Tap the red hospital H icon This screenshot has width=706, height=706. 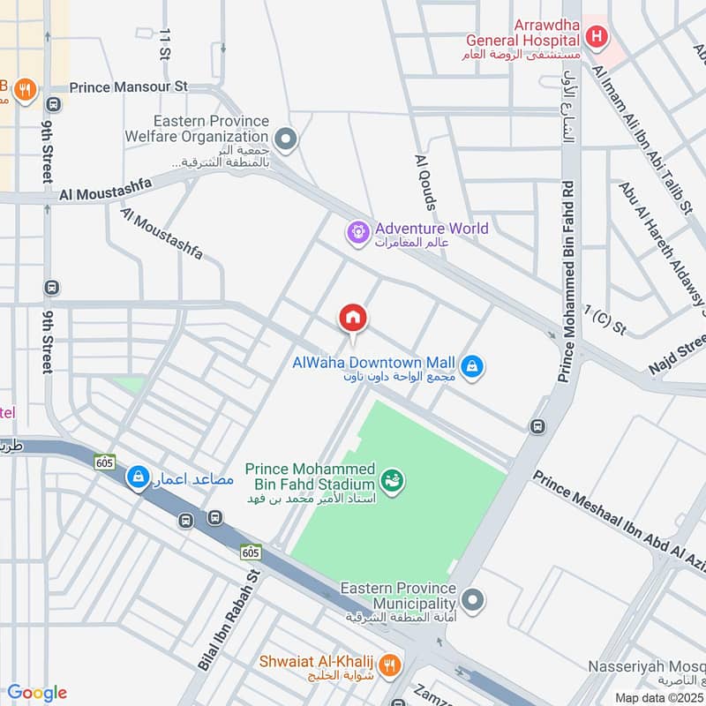597,37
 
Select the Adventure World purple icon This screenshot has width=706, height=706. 358,232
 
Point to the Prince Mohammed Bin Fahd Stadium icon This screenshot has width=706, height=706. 391,481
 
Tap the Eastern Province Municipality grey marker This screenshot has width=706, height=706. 474,601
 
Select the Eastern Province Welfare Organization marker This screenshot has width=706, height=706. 285,139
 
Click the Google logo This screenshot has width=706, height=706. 36,693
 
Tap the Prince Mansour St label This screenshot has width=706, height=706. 129,87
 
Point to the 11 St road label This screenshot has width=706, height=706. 164,43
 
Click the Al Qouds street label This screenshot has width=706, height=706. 426,183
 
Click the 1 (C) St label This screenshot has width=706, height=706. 605,320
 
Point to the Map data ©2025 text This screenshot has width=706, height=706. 659,697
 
